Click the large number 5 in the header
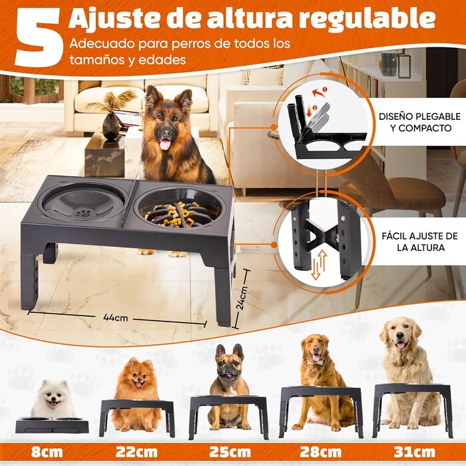point(38,37)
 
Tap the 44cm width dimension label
point(116,318)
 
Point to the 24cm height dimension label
point(242,298)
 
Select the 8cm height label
point(47,452)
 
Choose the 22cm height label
point(136,452)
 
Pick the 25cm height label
point(230,452)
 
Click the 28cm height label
point(321,452)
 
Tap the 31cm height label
point(415,452)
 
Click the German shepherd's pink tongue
point(165,144)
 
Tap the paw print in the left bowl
point(83,213)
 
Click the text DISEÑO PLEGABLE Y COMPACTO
point(419,122)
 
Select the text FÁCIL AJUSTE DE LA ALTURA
point(420,242)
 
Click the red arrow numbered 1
point(319,92)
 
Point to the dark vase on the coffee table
point(111,126)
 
